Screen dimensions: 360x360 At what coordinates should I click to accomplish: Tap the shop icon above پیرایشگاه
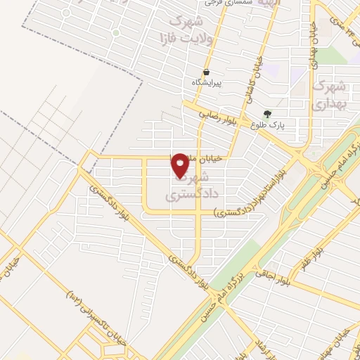tap(206, 72)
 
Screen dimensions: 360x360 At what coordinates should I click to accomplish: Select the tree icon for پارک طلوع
tap(266, 114)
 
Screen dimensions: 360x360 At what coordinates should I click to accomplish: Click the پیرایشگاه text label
tap(207, 83)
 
